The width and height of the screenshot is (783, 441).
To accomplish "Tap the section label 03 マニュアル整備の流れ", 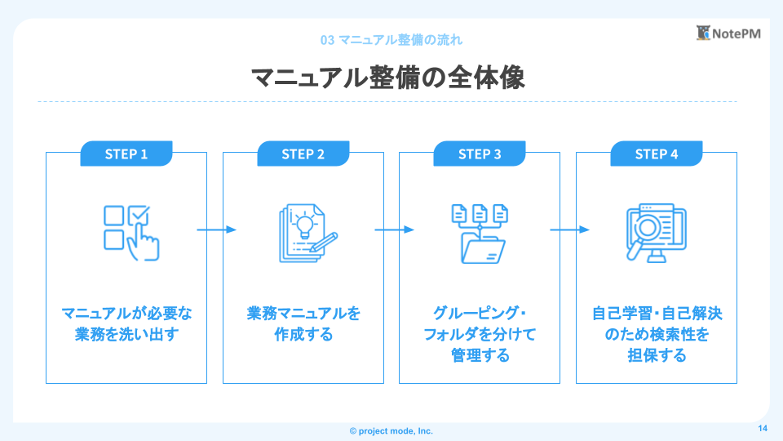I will click(392, 39).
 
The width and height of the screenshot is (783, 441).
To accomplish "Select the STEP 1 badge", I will click(126, 154).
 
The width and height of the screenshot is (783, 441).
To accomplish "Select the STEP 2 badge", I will click(303, 154).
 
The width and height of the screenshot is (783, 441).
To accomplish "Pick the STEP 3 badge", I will click(480, 154).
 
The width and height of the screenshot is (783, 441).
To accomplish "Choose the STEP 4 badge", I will click(657, 154).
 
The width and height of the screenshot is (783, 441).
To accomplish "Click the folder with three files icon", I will click(480, 234).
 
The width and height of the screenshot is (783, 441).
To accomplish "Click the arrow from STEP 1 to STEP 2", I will click(216, 229).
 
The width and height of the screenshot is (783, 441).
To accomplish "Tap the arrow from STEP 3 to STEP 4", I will click(569, 229).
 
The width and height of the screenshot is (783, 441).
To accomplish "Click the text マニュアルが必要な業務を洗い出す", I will click(126, 324).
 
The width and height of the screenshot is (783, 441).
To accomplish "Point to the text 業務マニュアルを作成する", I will click(303, 324).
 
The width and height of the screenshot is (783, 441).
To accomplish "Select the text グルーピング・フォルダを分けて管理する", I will click(480, 334).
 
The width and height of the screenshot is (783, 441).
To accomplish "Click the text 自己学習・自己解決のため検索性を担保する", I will click(657, 334).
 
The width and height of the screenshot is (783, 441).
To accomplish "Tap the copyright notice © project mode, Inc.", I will click(391, 430).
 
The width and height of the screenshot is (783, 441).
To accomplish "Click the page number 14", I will click(763, 430).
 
